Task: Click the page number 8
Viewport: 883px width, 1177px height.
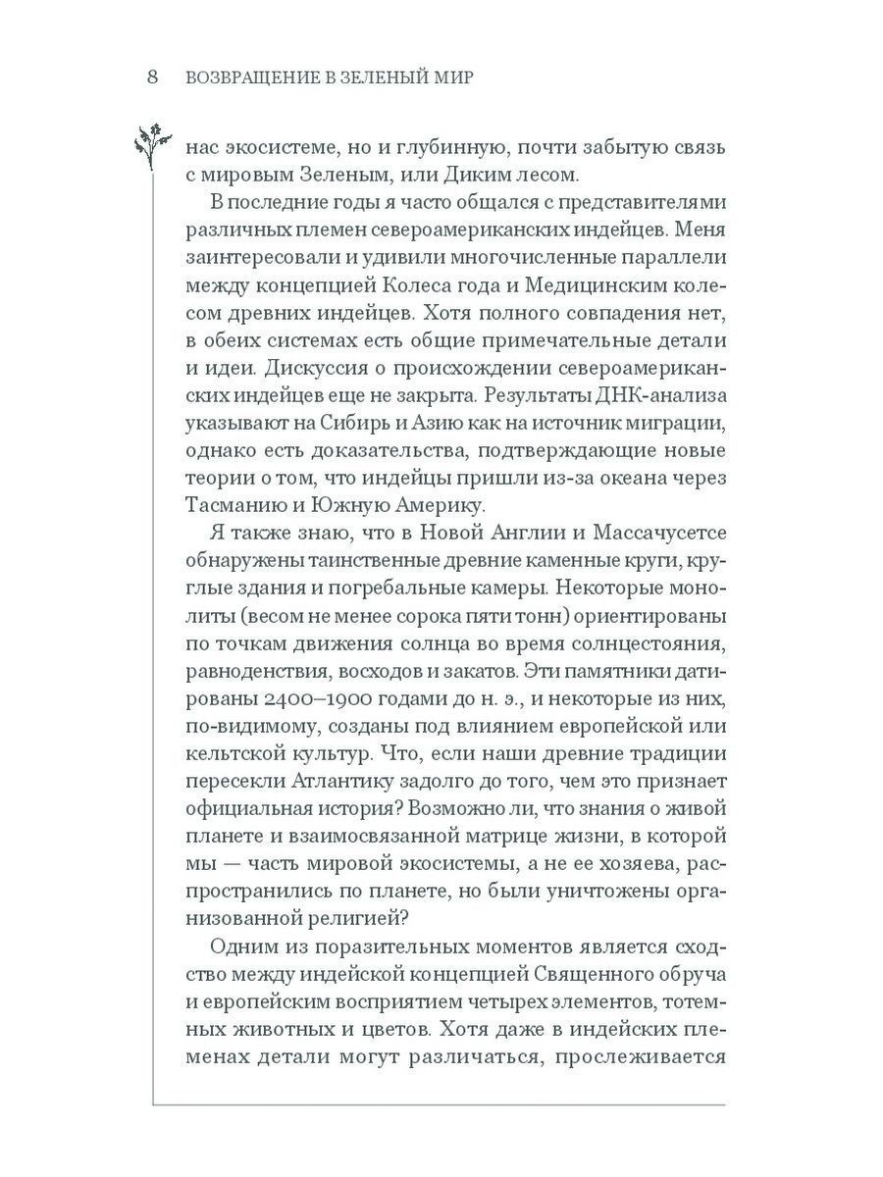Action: tap(152, 78)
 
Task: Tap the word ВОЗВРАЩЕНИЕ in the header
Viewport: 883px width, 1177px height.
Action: tap(247, 79)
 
